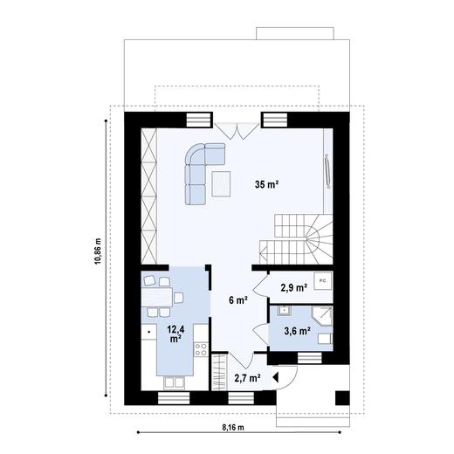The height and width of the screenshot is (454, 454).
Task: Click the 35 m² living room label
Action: click(267, 183)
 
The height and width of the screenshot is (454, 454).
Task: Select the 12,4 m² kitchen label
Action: click(176, 333)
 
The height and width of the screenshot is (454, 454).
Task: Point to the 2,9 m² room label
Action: click(292, 286)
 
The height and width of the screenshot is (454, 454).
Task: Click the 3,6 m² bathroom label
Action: click(292, 330)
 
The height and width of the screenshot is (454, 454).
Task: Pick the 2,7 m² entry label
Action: click(247, 377)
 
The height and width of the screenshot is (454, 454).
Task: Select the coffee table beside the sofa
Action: click(222, 184)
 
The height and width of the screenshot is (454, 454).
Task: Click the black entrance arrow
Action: click(276, 377)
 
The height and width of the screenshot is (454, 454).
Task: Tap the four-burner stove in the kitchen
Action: click(200, 350)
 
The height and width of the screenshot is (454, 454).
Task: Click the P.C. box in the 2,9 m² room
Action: click(321, 281)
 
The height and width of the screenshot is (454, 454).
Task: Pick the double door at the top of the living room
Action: click(237, 130)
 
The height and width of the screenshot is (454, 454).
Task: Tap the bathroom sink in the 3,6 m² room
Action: click(283, 312)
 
